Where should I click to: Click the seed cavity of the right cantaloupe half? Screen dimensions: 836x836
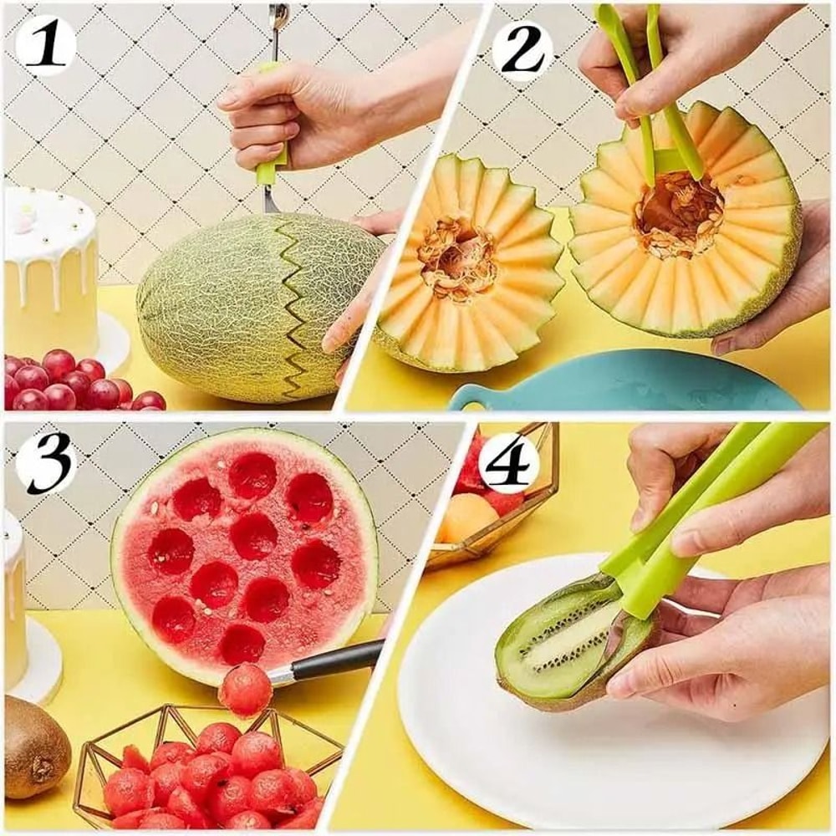tap(677, 213)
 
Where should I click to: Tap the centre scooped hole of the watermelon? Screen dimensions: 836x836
tap(253, 535)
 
